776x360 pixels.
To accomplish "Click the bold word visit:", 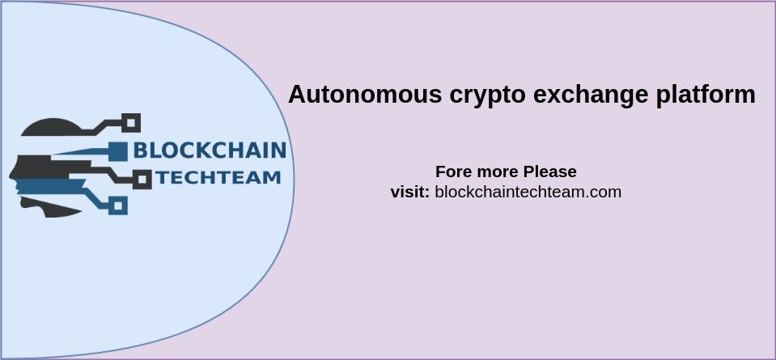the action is (410, 192).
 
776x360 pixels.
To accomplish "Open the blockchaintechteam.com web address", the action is (528, 192).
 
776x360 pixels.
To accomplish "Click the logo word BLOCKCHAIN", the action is (210, 150).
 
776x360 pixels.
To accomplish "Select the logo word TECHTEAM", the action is (218, 177).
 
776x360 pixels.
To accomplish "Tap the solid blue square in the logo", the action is (118, 151).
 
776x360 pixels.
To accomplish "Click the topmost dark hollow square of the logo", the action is (131, 123).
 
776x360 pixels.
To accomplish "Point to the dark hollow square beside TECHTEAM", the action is (142, 180).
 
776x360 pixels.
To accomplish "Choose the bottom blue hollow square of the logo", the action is (118, 205).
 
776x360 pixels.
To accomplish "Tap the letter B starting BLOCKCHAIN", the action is (142, 150).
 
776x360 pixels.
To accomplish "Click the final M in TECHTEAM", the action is (271, 177).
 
